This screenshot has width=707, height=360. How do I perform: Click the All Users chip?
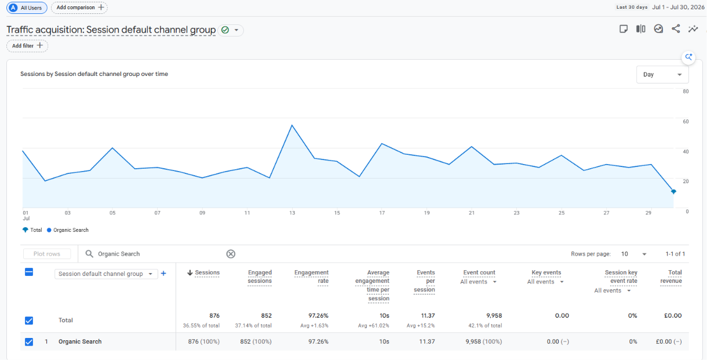click(27, 8)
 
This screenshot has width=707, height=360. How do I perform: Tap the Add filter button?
click(27, 46)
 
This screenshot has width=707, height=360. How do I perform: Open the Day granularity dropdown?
click(662, 75)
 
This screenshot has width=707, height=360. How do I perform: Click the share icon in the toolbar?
click(676, 29)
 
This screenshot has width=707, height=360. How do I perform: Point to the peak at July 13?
click(292, 125)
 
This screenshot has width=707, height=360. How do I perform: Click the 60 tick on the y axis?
click(686, 122)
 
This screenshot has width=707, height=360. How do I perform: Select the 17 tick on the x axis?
click(382, 213)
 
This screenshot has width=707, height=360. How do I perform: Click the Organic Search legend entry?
click(68, 230)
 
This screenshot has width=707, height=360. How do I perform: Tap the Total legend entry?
click(32, 230)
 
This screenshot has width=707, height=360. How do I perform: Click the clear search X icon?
click(231, 254)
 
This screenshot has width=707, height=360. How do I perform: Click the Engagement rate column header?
click(312, 277)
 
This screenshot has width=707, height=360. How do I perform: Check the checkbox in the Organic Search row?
click(29, 341)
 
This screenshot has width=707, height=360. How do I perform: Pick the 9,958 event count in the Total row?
click(494, 315)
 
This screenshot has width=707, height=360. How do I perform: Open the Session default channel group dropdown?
click(105, 274)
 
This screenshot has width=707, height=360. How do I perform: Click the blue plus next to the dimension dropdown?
click(163, 274)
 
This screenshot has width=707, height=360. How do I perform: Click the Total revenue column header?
click(671, 277)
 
